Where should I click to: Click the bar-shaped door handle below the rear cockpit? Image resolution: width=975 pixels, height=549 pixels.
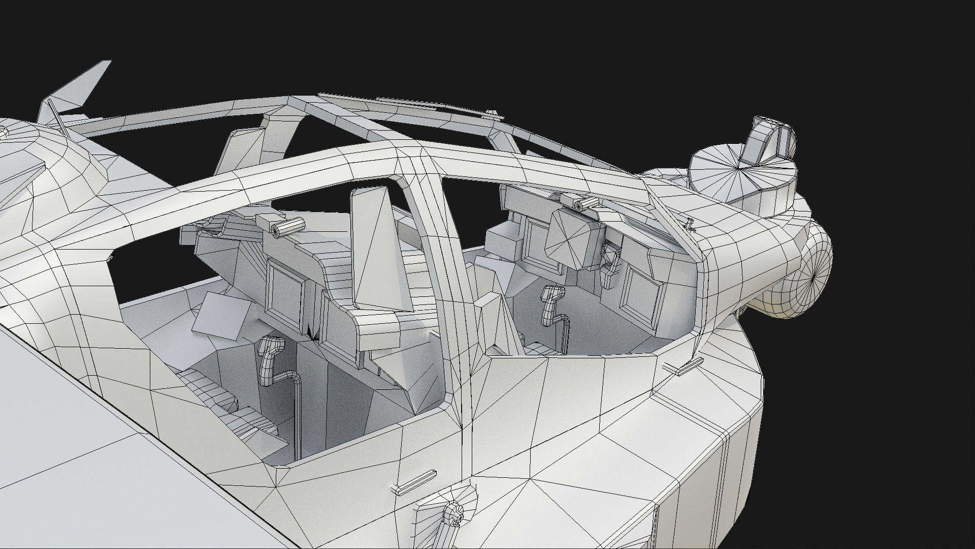414,483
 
